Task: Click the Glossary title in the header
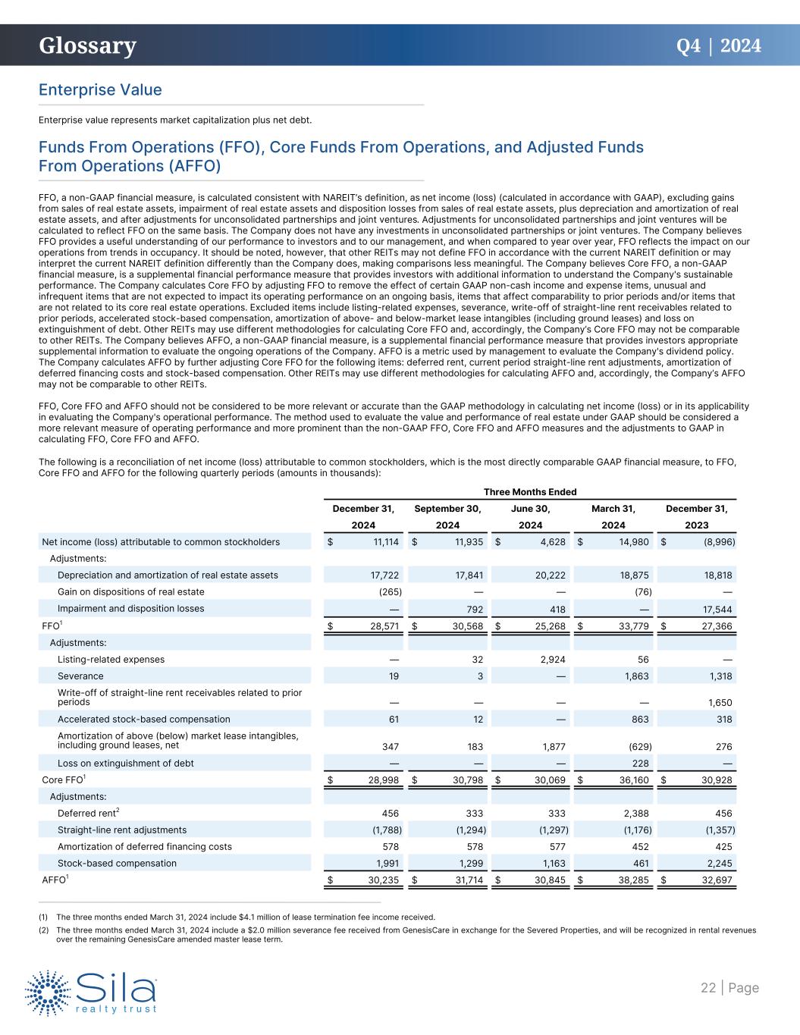(x=88, y=46)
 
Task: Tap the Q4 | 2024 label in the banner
(x=718, y=46)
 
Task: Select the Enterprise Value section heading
(x=100, y=90)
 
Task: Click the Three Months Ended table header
(x=530, y=492)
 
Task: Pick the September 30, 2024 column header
(x=448, y=516)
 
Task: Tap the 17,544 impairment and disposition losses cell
(x=717, y=609)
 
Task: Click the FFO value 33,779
(x=632, y=626)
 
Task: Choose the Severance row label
(x=80, y=676)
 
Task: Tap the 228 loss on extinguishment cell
(x=643, y=763)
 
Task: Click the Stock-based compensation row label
(x=117, y=863)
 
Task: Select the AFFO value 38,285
(x=632, y=880)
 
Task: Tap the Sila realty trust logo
(x=91, y=991)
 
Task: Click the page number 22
(x=708, y=987)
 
